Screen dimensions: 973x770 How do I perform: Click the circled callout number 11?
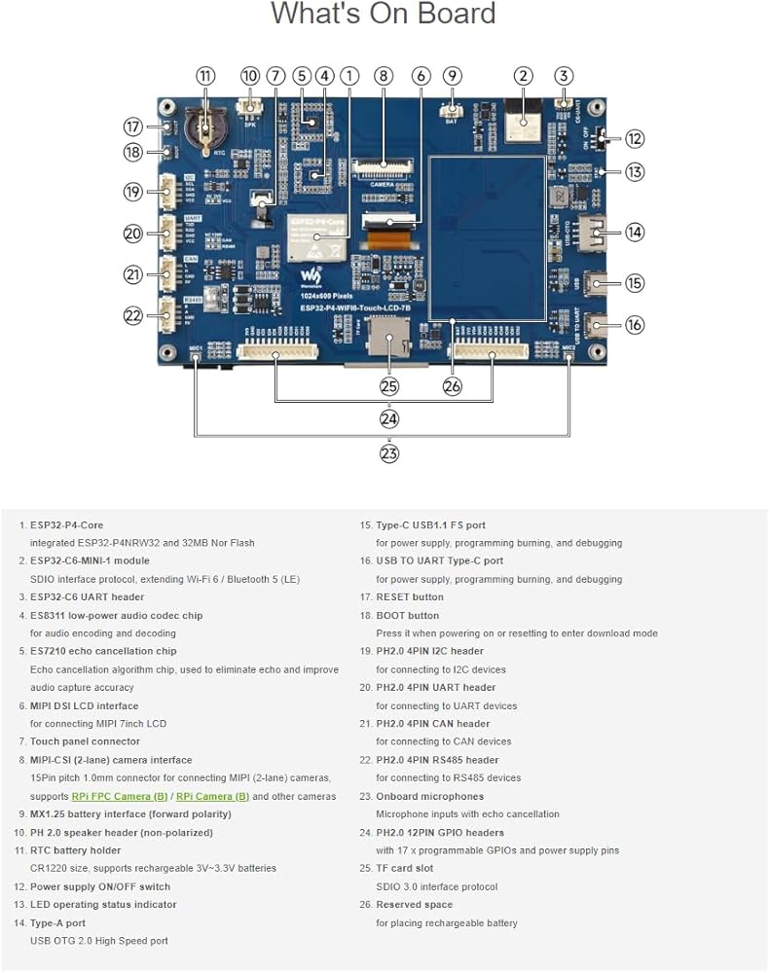[x=205, y=76]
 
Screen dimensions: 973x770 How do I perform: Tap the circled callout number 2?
[x=524, y=76]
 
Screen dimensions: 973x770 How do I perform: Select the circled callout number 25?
[x=389, y=386]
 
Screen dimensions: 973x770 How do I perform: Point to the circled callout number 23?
[x=389, y=452]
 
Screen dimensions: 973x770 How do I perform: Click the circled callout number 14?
[x=635, y=232]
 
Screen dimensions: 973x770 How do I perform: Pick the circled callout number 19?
[x=133, y=192]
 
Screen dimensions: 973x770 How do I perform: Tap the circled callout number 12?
[x=635, y=139]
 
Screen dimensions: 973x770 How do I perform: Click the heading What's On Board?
[x=384, y=15]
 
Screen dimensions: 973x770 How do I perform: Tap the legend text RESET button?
[x=409, y=596]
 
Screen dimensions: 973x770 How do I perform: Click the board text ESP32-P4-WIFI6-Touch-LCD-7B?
[x=357, y=308]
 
